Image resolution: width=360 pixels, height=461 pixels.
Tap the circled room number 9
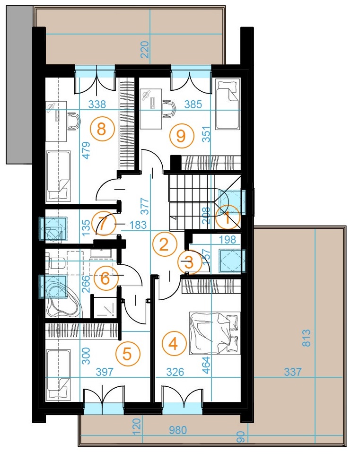pyautogui.click(x=178, y=136)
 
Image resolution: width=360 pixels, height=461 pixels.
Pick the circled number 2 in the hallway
pyautogui.click(x=164, y=244)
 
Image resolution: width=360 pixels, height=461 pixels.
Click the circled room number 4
pyautogui.click(x=173, y=344)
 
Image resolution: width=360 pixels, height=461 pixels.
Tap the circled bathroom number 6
pyautogui.click(x=105, y=278)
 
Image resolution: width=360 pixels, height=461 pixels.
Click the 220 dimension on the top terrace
pyautogui.click(x=145, y=49)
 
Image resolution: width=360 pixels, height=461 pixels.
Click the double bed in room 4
pyautogui.click(x=214, y=332)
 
